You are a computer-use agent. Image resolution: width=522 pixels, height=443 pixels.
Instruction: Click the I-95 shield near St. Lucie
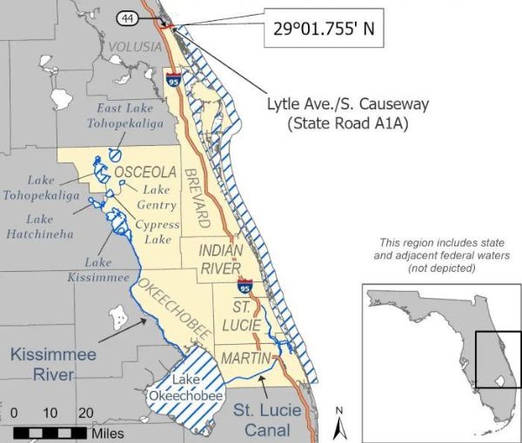tap(246, 286)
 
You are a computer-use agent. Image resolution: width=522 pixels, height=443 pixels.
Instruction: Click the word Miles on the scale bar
tap(107, 433)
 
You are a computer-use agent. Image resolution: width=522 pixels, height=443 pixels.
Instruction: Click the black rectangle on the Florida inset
tap(498, 360)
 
